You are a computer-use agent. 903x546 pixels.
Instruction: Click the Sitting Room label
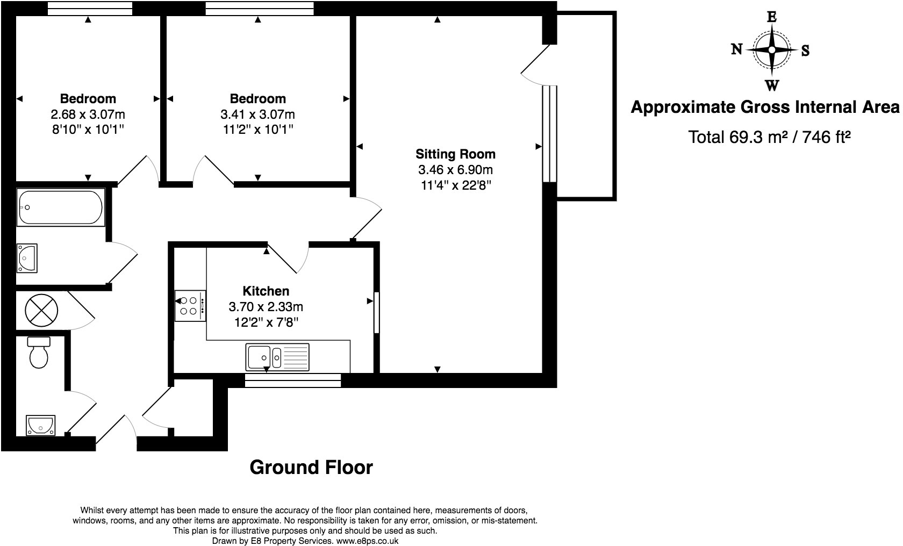(455, 154)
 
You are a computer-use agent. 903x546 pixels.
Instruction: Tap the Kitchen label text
(266, 291)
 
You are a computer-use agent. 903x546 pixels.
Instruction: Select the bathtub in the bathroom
(60, 207)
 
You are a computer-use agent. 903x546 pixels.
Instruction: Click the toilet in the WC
(39, 353)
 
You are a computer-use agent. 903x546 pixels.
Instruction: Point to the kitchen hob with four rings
(190, 306)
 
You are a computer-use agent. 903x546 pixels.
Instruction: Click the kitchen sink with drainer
(277, 357)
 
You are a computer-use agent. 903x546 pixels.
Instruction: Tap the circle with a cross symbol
(41, 310)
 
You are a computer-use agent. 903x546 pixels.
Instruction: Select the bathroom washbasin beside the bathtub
(27, 258)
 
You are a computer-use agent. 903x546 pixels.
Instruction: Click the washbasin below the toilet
(40, 426)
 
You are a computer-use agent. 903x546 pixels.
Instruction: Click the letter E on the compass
(771, 17)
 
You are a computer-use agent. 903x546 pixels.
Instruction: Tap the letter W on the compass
(772, 85)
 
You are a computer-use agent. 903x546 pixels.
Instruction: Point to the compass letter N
(736, 49)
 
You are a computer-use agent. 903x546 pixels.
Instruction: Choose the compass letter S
(805, 51)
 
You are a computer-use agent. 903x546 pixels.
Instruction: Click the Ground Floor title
(311, 468)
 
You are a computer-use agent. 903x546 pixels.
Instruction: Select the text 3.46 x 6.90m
(456, 170)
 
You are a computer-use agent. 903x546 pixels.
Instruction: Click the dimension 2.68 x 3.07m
(88, 114)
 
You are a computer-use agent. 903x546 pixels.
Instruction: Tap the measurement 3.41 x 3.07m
(257, 114)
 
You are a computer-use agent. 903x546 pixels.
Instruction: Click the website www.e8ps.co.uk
(367, 541)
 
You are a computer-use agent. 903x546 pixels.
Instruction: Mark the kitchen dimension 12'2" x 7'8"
(266, 322)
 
